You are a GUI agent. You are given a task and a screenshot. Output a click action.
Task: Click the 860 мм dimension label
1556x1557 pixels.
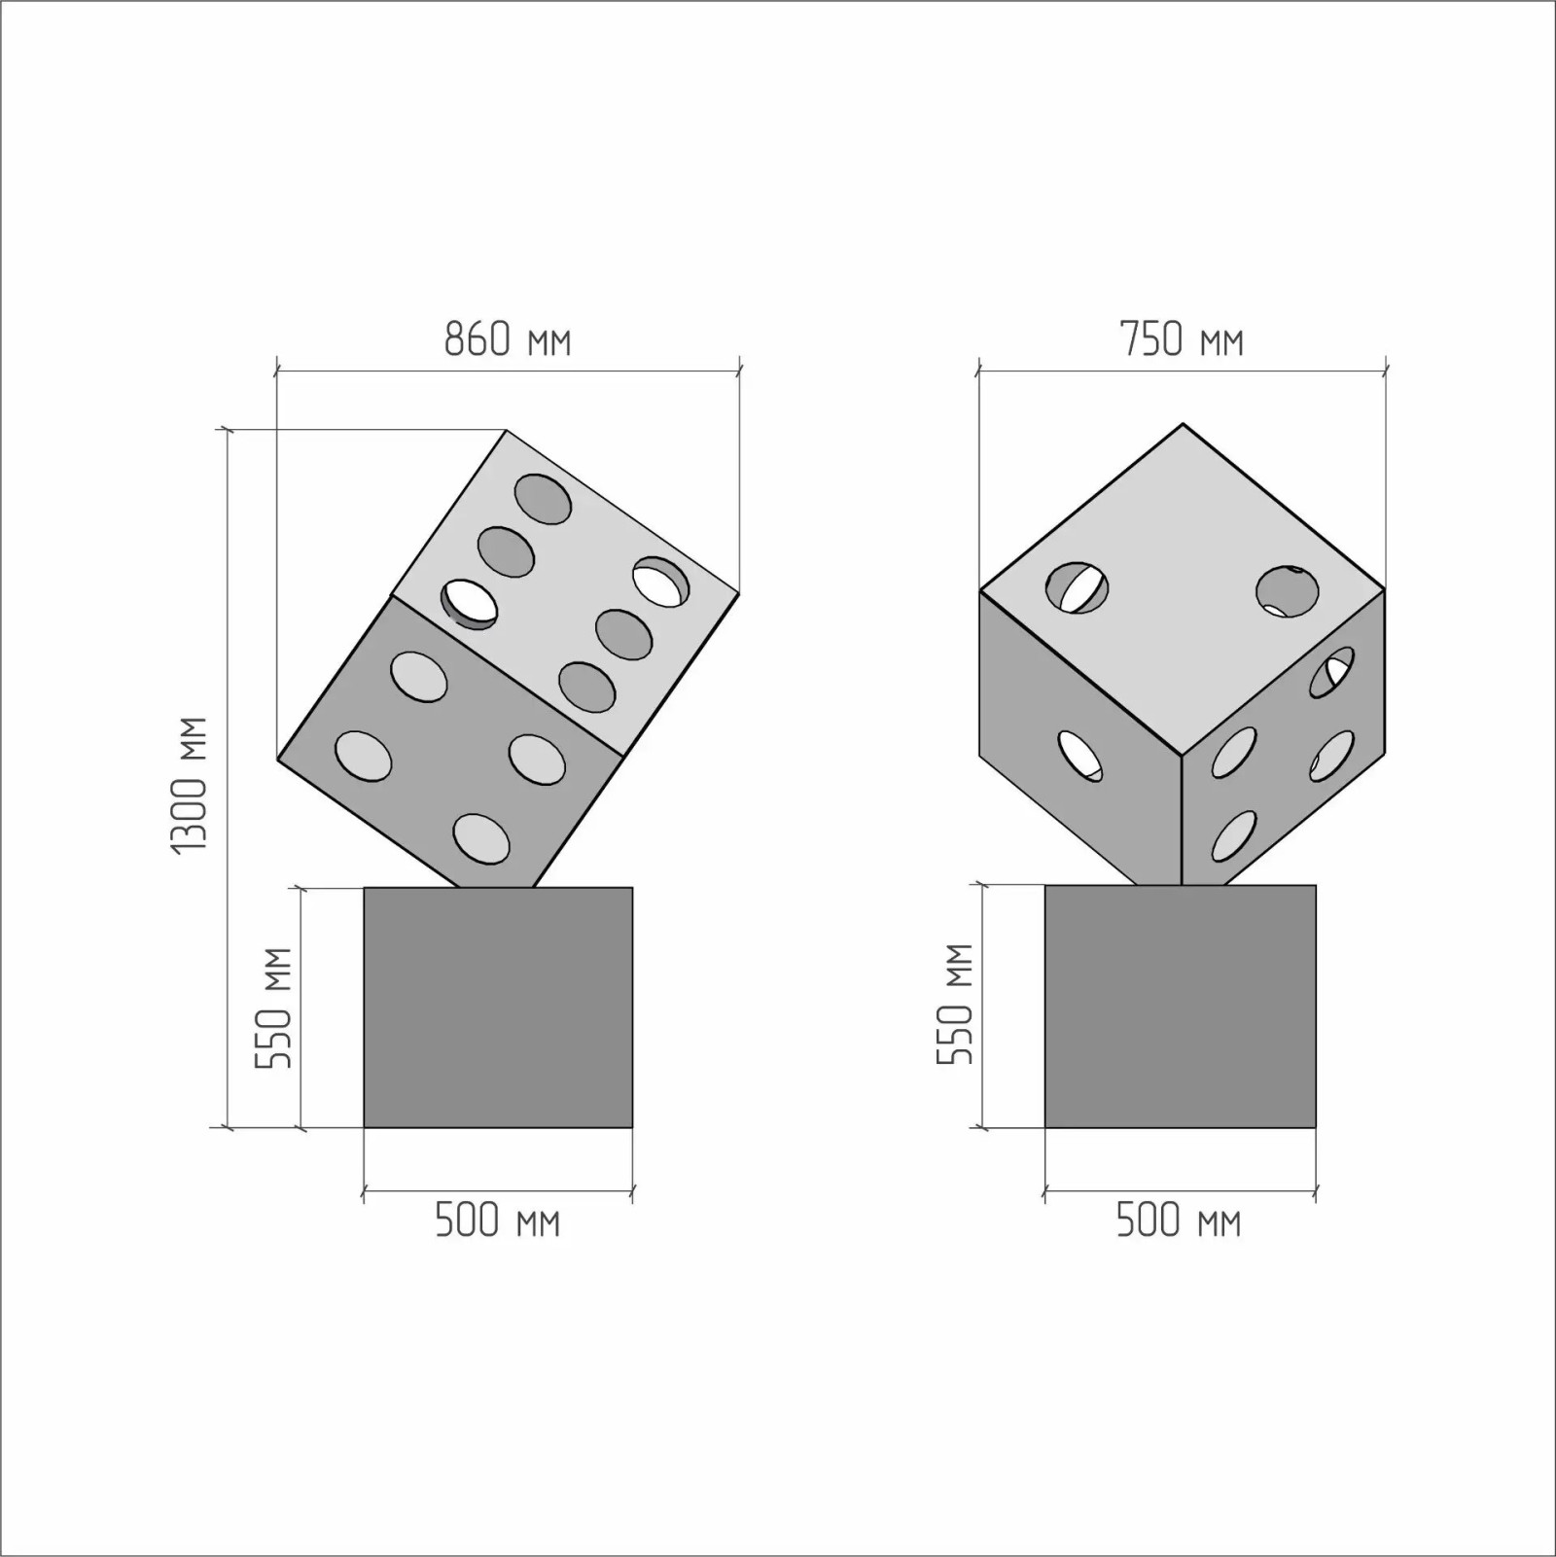(x=508, y=339)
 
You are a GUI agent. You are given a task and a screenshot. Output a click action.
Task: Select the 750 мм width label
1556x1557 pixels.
(x=1182, y=339)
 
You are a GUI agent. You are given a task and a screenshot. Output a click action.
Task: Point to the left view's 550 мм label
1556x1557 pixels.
(x=274, y=1008)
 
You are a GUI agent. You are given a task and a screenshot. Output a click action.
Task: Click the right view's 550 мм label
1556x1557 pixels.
(x=955, y=1004)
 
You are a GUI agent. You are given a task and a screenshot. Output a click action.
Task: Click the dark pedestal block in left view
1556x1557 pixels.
(x=498, y=1008)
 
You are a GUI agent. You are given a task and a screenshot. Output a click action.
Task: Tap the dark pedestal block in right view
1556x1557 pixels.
(x=1181, y=1007)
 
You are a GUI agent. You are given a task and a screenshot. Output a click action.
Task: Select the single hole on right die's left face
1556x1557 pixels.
(x=1080, y=756)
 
